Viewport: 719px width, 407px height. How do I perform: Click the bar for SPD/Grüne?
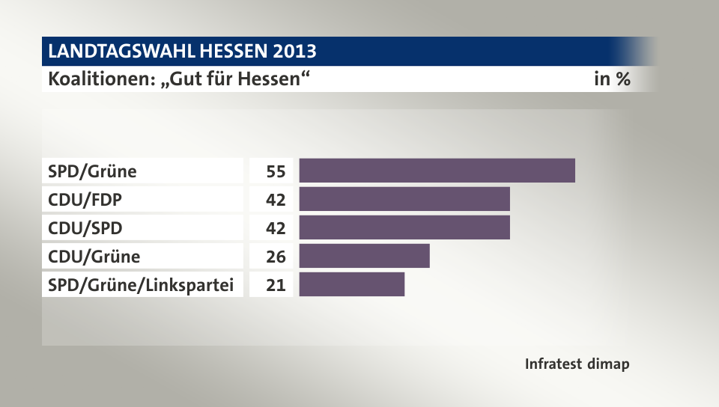coord(437,171)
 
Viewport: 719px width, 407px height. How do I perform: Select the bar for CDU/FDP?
coord(404,199)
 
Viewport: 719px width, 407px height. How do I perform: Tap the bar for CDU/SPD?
coord(404,227)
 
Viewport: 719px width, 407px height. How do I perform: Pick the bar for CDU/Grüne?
coord(364,256)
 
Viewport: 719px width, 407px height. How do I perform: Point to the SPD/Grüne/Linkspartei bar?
coord(351,284)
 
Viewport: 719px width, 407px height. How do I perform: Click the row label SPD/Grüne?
coord(92,171)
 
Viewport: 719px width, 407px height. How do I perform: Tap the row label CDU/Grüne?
coord(94,257)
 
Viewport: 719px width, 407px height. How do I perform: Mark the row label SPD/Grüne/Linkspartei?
coord(141,285)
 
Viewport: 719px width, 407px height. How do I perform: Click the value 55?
coord(276,171)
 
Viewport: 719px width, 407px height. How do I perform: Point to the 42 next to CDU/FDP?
coord(276,200)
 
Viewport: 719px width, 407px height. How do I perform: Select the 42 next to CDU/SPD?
coord(276,228)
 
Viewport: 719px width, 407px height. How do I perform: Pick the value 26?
coord(276,257)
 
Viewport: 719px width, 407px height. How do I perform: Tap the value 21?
coord(276,285)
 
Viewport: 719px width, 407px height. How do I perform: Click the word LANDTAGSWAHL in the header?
coord(119,52)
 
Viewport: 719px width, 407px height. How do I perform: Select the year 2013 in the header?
coord(293,52)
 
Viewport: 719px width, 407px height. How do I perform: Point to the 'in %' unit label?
coord(611,79)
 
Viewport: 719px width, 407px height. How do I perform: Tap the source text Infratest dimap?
coord(577,364)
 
